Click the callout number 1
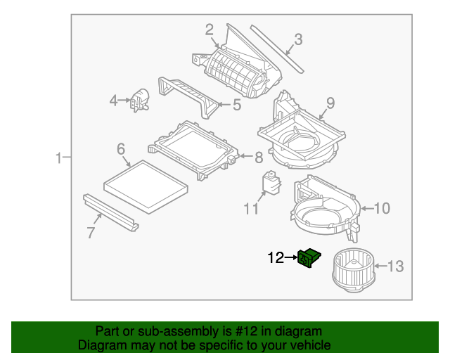[59, 159]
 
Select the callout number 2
[209, 29]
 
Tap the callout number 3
[298, 40]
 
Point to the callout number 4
[114, 101]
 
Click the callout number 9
[330, 103]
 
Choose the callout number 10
[380, 207]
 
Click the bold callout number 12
[275, 258]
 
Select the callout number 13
[396, 266]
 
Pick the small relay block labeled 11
[271, 181]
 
